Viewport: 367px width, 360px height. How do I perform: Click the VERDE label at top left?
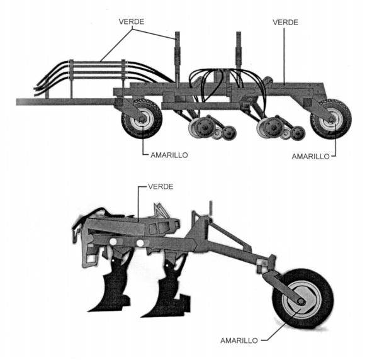pyautogui.click(x=132, y=21)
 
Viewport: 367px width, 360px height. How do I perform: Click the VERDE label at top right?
pyautogui.click(x=285, y=23)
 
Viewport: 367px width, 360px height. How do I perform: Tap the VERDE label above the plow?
pyautogui.click(x=161, y=186)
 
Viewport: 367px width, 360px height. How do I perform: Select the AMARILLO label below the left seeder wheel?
pyautogui.click(x=169, y=155)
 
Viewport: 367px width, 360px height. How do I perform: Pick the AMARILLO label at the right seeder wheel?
pyautogui.click(x=310, y=156)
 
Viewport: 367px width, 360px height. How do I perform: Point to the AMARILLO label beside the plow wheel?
pyautogui.click(x=239, y=340)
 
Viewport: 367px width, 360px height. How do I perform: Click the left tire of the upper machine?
pyautogui.click(x=142, y=119)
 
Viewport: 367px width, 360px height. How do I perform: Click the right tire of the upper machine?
pyautogui.click(x=331, y=119)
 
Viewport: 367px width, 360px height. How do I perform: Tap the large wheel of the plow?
pyautogui.click(x=302, y=299)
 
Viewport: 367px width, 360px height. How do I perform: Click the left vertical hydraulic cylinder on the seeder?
pyautogui.click(x=178, y=59)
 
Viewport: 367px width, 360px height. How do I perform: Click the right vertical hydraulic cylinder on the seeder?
pyautogui.click(x=239, y=54)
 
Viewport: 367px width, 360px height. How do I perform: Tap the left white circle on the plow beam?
pyautogui.click(x=113, y=242)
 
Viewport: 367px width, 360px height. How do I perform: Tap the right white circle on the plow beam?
pyautogui.click(x=140, y=243)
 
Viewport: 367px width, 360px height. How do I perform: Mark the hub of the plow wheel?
pyautogui.click(x=301, y=301)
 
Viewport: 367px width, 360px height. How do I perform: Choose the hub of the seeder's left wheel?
pyautogui.click(x=142, y=120)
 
